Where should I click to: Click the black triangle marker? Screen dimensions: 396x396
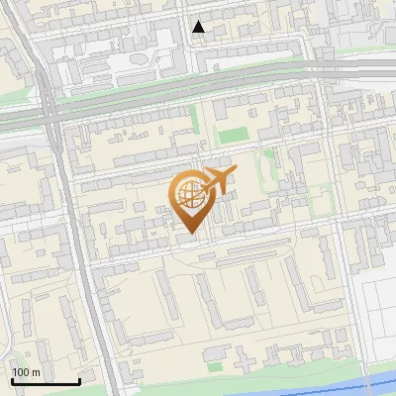tap(199, 27)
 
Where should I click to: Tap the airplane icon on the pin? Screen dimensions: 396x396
tap(219, 180)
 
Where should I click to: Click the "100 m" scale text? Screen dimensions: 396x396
tap(26, 372)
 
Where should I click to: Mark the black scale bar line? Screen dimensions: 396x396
tap(46, 381)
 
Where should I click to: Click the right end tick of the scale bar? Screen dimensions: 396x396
tap(79, 380)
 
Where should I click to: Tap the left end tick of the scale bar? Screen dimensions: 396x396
tap(12, 380)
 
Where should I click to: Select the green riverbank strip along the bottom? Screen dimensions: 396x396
tap(247, 381)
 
